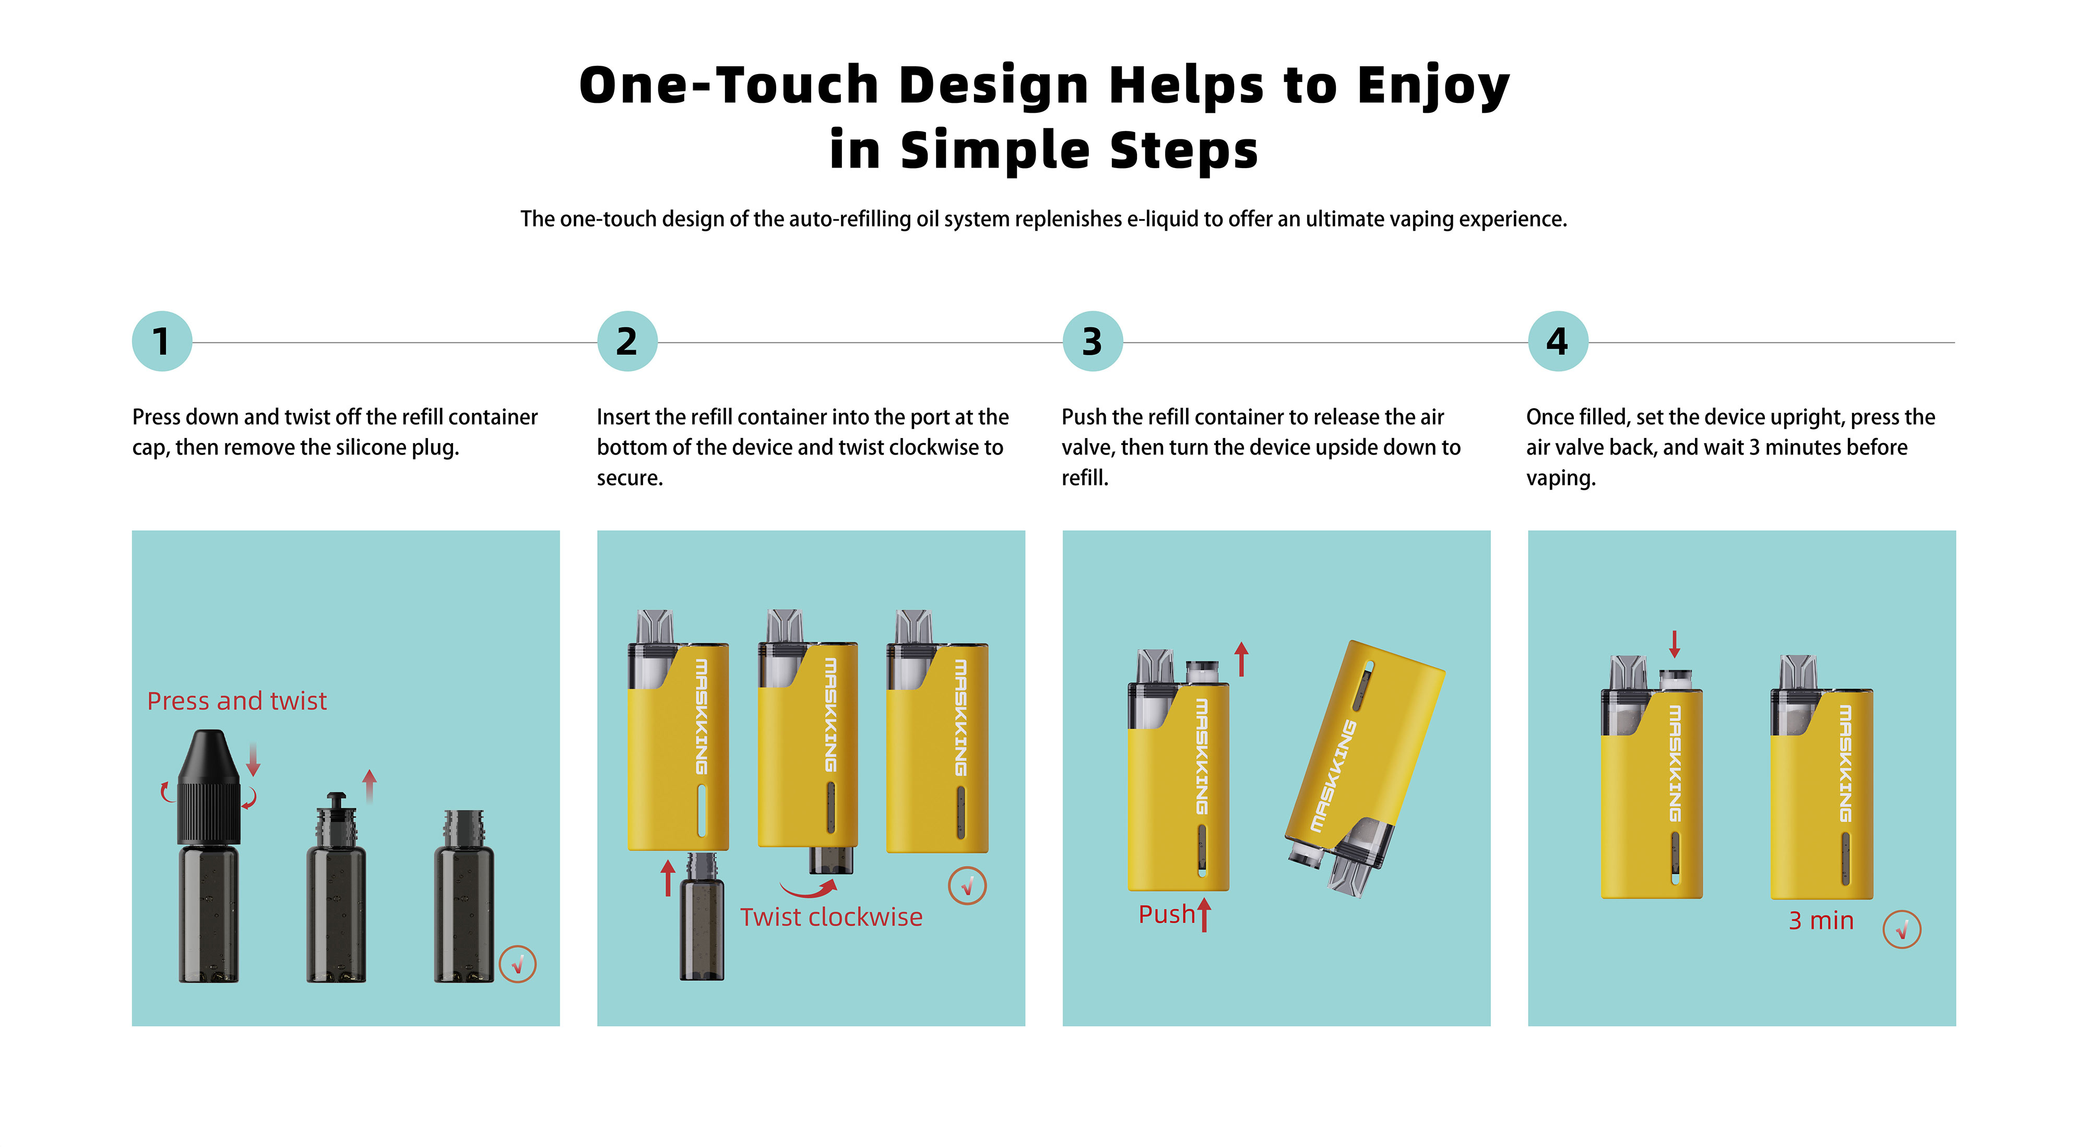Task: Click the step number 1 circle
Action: point(162,341)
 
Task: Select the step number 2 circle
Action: point(627,341)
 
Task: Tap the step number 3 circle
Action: point(1093,341)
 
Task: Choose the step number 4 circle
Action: point(1558,341)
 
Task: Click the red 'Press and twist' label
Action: point(236,700)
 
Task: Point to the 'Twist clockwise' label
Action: point(831,917)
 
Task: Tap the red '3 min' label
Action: point(1821,921)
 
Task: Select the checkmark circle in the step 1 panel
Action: point(518,964)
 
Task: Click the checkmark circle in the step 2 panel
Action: point(967,886)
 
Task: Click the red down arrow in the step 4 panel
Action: point(1675,644)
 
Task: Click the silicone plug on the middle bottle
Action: point(336,803)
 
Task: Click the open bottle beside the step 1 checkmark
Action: point(464,896)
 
